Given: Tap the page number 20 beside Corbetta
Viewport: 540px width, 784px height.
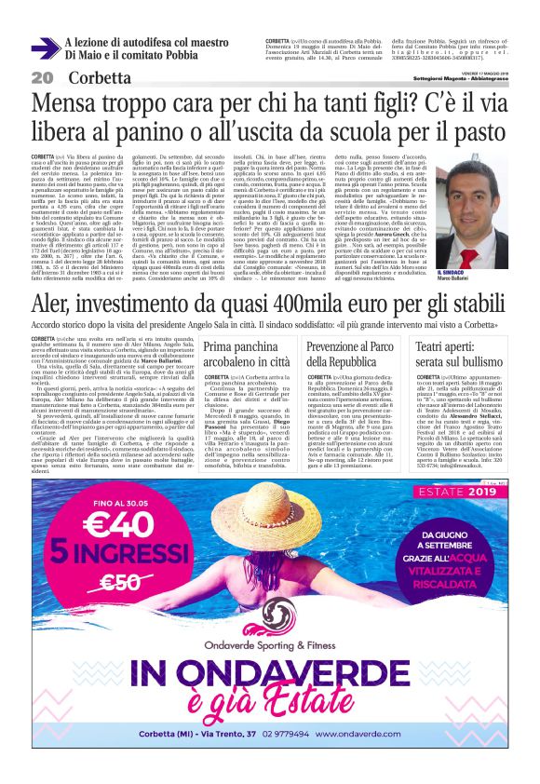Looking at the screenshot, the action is pyautogui.click(x=42, y=76).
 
